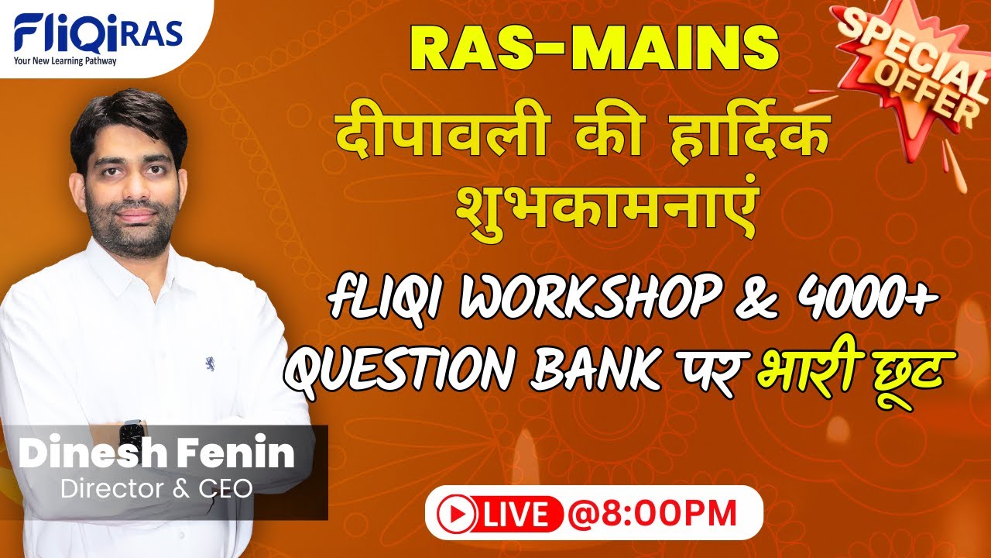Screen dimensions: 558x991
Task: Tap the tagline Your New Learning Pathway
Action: click(x=65, y=61)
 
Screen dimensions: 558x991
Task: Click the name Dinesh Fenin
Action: click(x=156, y=454)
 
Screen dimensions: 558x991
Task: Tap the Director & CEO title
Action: click(x=156, y=488)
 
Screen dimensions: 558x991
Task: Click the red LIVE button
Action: click(x=495, y=513)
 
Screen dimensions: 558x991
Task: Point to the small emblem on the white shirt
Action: click(x=210, y=362)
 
